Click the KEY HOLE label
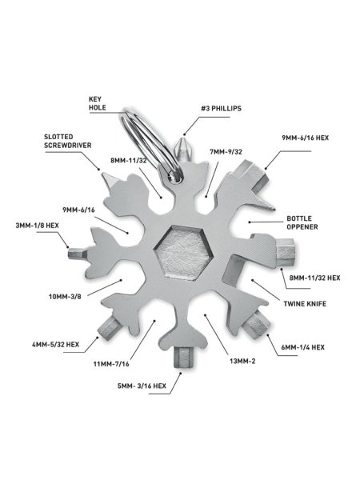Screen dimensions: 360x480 [x=98, y=103]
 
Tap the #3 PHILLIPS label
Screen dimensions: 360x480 [x=222, y=108]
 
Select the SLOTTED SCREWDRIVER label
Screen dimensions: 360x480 [x=68, y=141]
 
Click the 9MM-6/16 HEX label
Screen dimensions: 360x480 [x=306, y=138]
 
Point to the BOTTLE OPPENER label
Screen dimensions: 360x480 [x=302, y=223]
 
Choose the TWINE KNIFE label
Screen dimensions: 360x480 [x=305, y=304]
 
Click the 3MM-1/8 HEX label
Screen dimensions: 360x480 [x=37, y=226]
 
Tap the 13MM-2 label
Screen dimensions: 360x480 [x=242, y=362]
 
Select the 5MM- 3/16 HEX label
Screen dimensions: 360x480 [x=142, y=386]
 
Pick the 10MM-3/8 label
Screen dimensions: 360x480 [x=65, y=296]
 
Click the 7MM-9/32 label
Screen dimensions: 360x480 [x=226, y=152]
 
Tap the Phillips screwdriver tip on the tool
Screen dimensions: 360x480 [x=183, y=150]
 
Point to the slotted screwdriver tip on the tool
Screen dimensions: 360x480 [x=109, y=178]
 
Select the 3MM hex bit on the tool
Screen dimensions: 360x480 [x=78, y=253]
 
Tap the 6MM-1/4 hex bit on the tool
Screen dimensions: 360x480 [x=257, y=324]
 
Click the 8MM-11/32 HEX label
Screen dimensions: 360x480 [x=314, y=278]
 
